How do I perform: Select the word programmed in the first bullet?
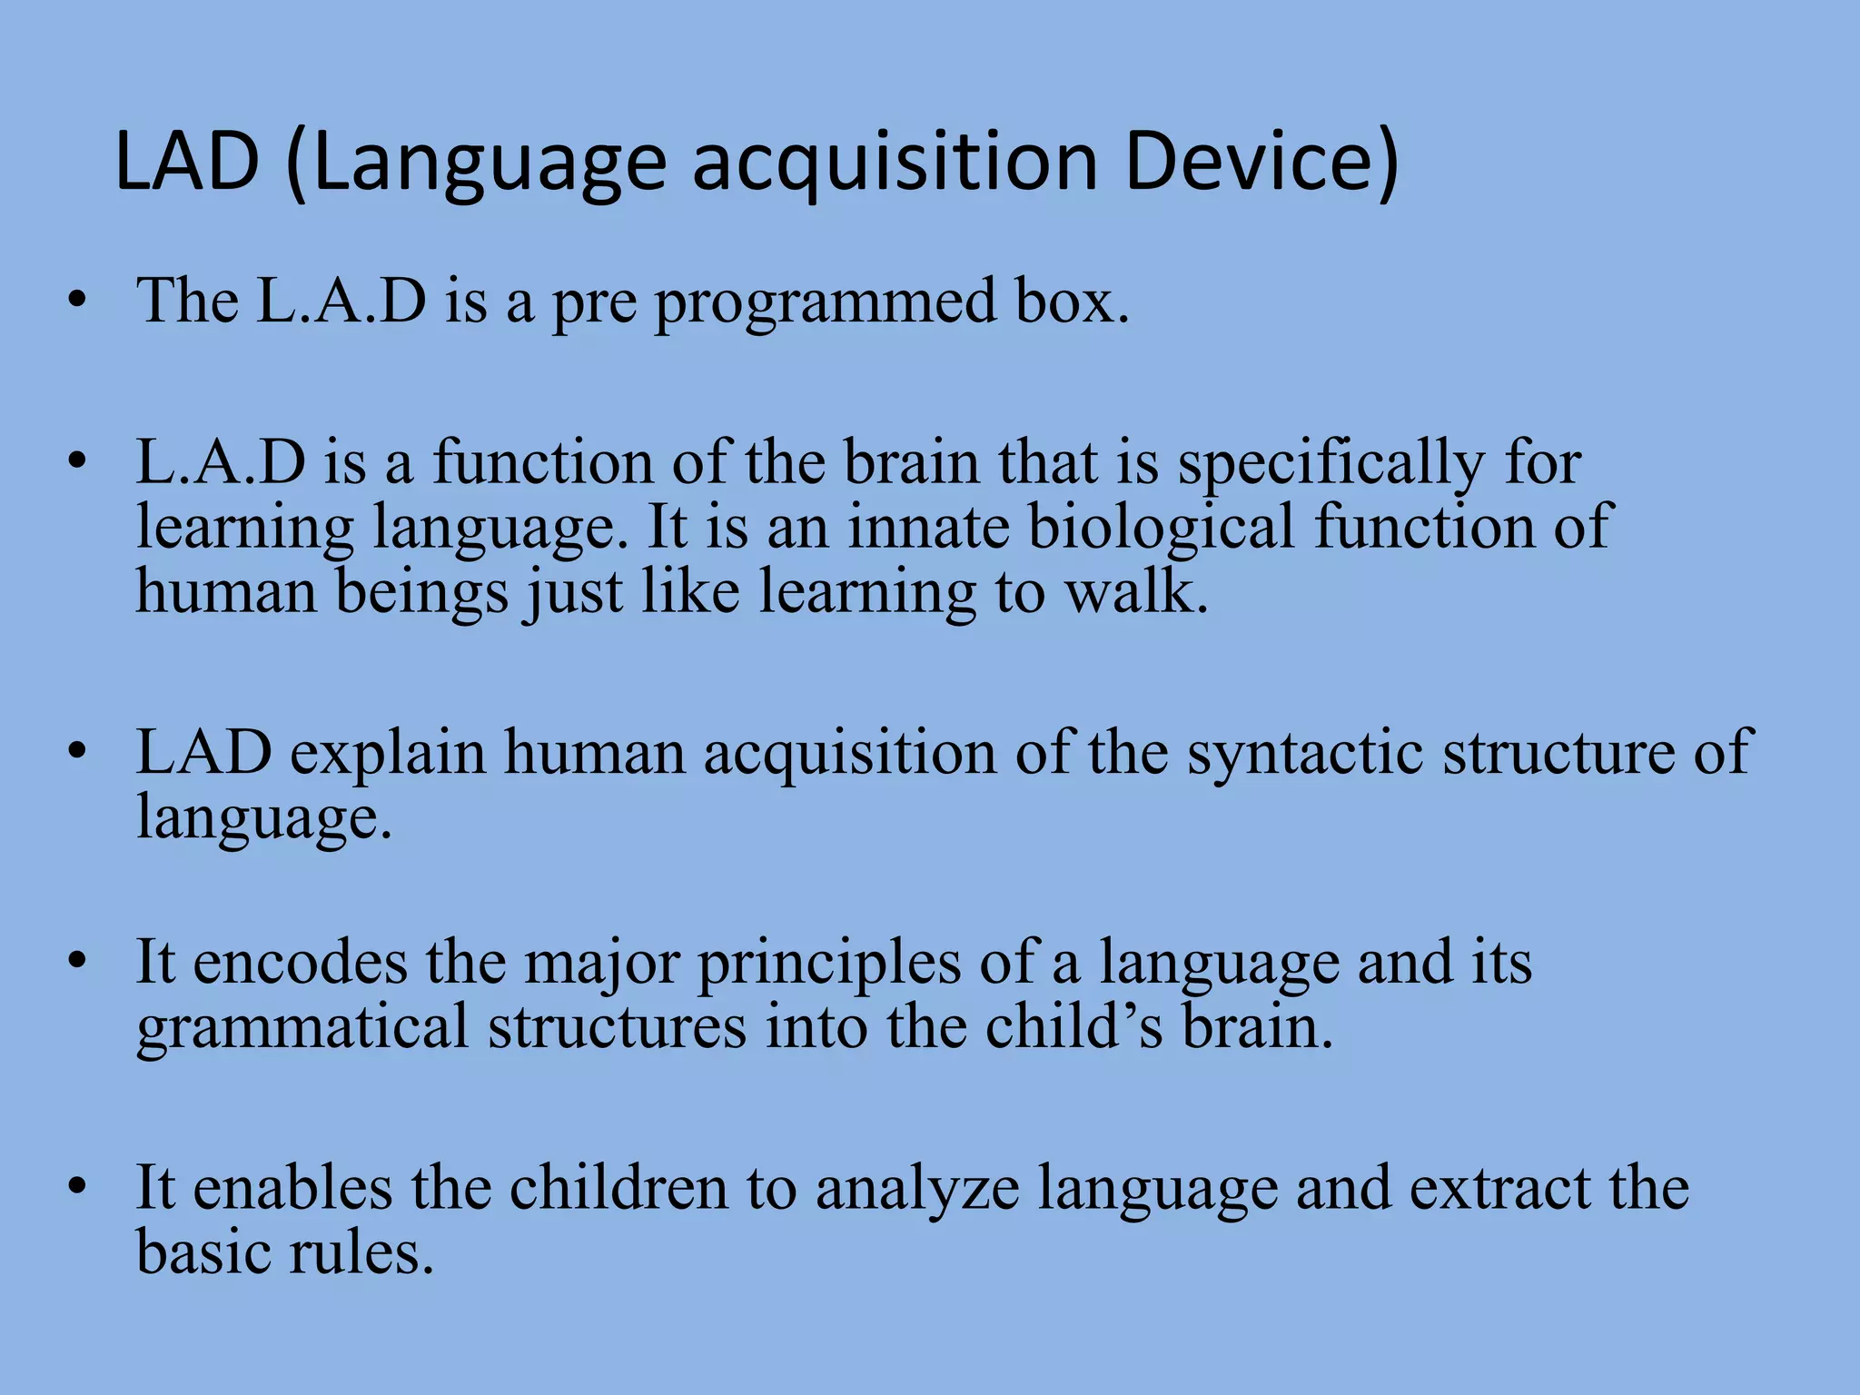[x=826, y=304]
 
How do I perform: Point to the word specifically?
[x=1331, y=465]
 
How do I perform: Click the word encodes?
[x=301, y=963]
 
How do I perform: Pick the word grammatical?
[x=302, y=1029]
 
